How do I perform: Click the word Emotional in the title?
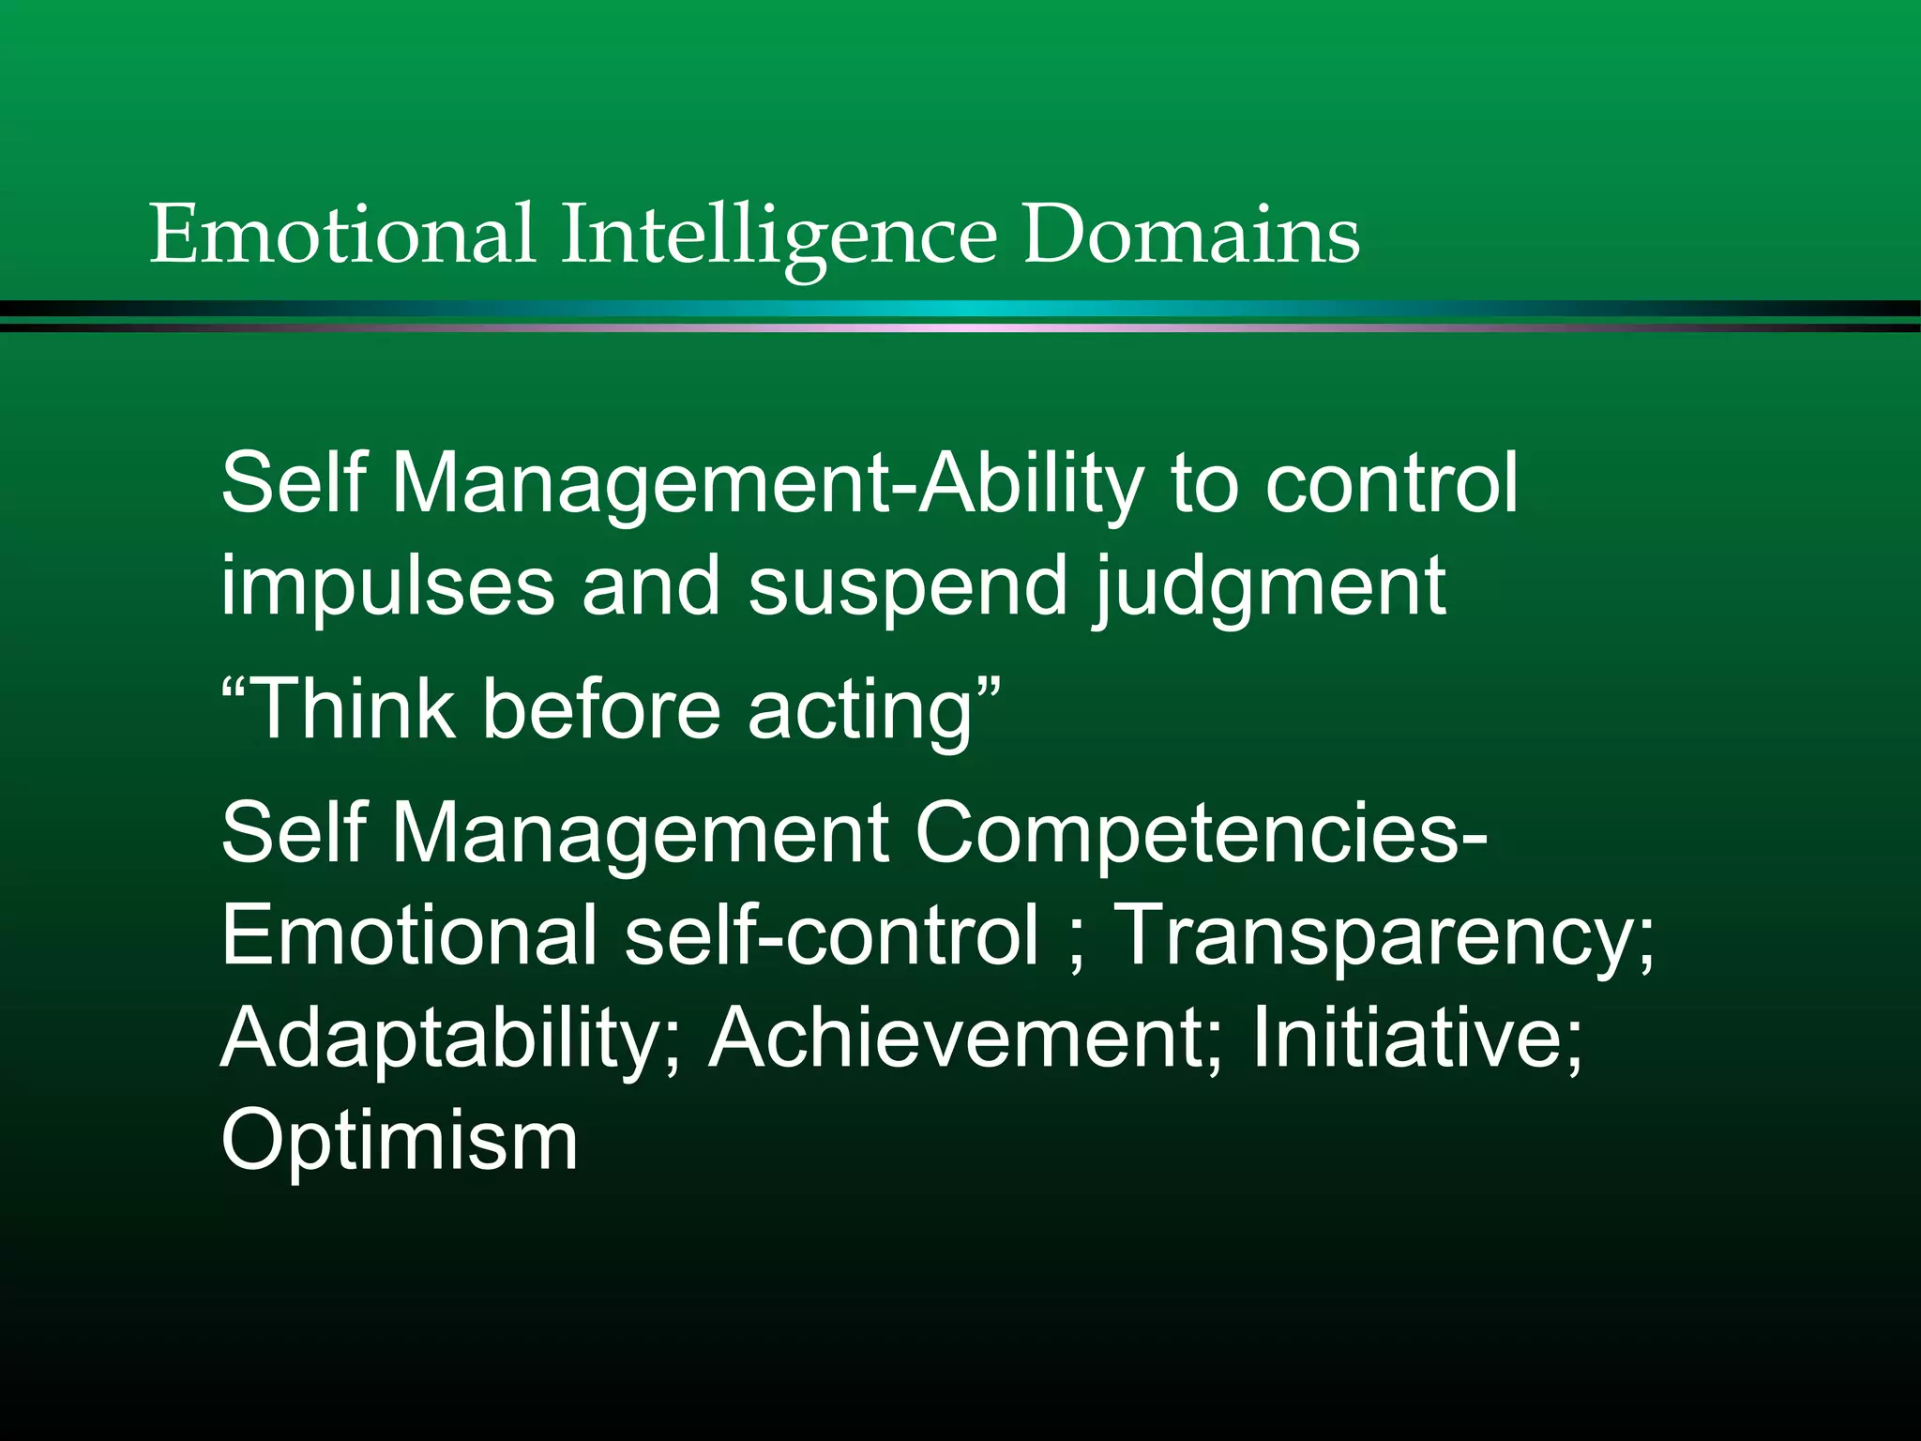point(341,235)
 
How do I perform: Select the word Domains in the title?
point(1191,235)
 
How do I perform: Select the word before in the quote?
point(600,709)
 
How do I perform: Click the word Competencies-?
point(1201,835)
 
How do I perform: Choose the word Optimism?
point(400,1143)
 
